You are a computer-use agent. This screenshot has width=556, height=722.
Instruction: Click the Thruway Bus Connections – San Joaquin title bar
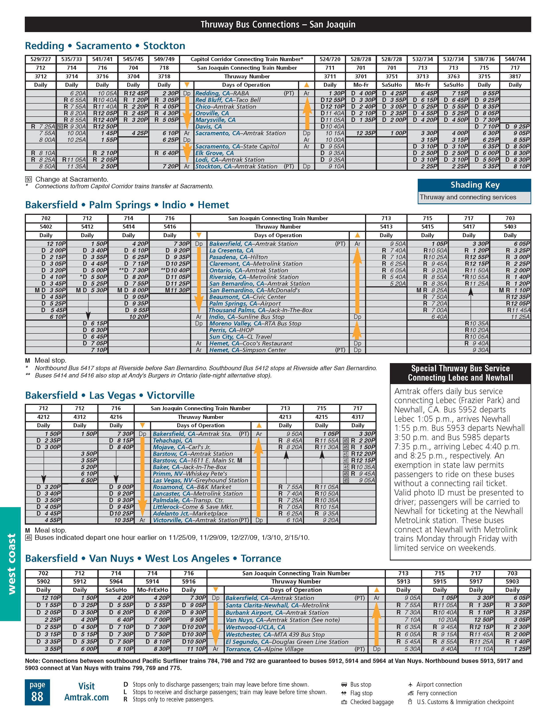point(278,25)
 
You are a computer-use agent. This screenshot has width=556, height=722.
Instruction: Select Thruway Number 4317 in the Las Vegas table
point(358,417)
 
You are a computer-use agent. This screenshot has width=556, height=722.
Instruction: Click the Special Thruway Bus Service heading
point(460,373)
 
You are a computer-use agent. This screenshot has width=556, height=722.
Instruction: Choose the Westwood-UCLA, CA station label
point(255,627)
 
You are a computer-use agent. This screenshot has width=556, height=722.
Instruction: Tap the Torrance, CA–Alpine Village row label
point(264,649)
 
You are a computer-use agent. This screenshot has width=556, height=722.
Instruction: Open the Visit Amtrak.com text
point(86,692)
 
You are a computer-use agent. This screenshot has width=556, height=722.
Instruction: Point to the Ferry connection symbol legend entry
point(436,693)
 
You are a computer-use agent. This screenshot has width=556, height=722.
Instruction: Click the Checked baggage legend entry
point(371,702)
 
